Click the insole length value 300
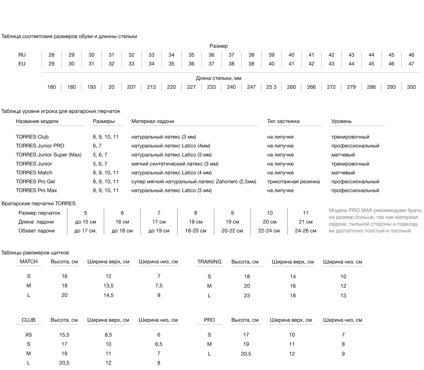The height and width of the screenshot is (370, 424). click(x=411, y=87)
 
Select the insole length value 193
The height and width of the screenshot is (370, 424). click(x=91, y=87)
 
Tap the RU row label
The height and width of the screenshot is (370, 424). click(x=22, y=55)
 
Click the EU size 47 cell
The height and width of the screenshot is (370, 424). click(x=411, y=64)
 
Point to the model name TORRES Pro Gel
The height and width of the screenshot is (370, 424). click(x=35, y=182)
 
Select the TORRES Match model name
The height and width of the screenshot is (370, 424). click(x=34, y=173)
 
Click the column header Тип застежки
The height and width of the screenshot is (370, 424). click(x=283, y=121)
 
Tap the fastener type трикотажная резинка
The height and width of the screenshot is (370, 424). click(x=293, y=182)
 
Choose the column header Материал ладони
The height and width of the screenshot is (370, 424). click(x=153, y=121)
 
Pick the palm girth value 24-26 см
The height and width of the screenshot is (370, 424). click(x=306, y=231)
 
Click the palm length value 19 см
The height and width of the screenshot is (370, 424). click(x=232, y=222)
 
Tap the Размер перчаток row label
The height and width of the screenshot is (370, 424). click(x=39, y=213)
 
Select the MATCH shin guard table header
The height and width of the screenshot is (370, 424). click(x=29, y=262)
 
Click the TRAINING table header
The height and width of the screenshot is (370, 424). click(x=209, y=262)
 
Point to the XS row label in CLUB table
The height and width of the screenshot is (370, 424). click(x=29, y=335)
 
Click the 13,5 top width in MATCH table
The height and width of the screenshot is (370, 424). click(x=109, y=286)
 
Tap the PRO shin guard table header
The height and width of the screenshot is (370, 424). click(x=209, y=320)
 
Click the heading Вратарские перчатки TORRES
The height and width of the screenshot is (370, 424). click(x=39, y=203)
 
